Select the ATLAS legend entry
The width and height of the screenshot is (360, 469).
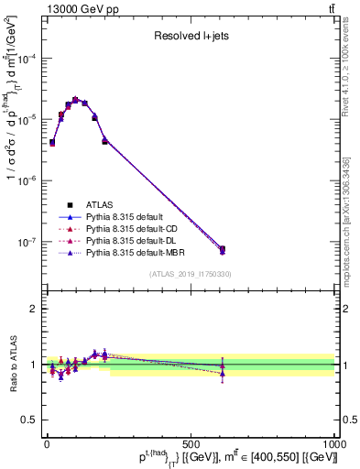(102, 204)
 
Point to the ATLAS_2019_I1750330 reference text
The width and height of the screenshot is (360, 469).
(191, 274)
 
